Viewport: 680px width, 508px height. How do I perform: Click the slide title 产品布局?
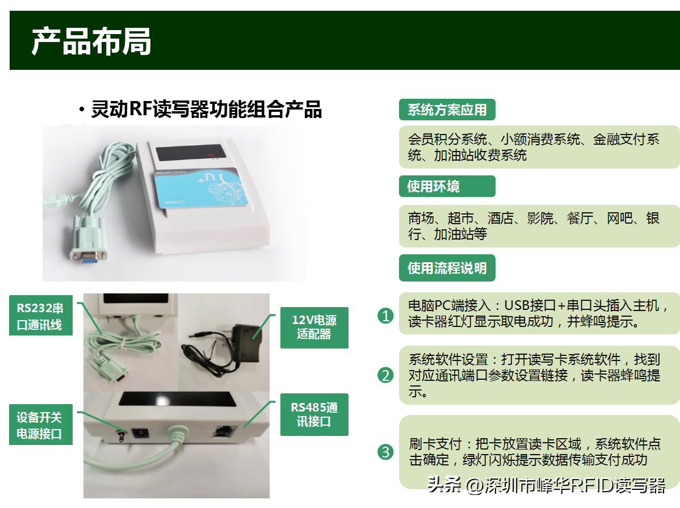click(91, 41)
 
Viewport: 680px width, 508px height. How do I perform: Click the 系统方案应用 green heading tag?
click(447, 110)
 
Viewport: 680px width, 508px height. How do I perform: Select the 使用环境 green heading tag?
click(447, 186)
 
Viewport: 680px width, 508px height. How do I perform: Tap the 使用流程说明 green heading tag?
click(447, 268)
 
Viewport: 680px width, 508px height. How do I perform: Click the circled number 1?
click(385, 316)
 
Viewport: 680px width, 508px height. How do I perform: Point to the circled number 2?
click(385, 375)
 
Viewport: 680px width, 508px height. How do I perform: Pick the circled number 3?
click(385, 452)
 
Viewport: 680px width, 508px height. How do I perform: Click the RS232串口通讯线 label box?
click(41, 316)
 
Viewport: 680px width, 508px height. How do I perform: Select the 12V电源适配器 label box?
click(314, 328)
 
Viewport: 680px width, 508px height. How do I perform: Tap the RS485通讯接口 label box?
click(314, 414)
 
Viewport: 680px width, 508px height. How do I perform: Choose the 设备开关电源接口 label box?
click(41, 425)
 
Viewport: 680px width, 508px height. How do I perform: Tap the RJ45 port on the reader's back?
click(225, 431)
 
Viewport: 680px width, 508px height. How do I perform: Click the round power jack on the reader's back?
click(140, 433)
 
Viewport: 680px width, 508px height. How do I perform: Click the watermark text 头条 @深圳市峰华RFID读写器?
click(547, 485)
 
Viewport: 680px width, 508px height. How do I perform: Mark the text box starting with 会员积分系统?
click(539, 147)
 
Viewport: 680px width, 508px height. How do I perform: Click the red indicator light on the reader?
click(211, 155)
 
